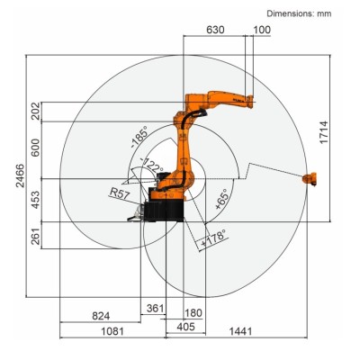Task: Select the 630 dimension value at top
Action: (x=215, y=31)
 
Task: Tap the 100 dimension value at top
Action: (x=261, y=31)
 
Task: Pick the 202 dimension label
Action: (x=35, y=111)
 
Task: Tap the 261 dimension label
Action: (x=35, y=236)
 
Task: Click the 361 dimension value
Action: (x=155, y=309)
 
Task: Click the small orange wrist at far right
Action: (x=310, y=179)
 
